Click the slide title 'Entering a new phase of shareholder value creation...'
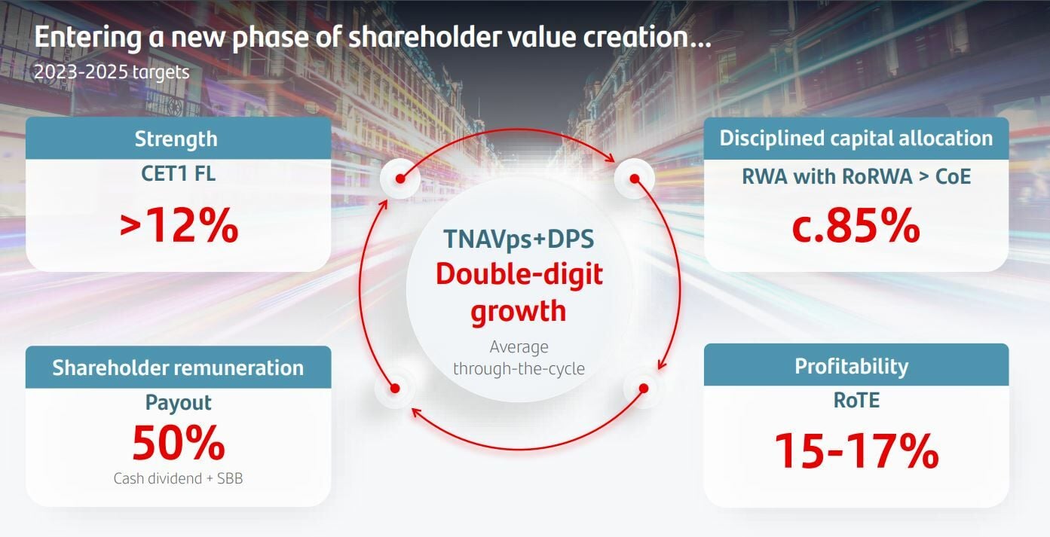372,38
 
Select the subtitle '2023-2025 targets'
112,72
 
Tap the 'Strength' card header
176,139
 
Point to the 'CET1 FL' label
178,174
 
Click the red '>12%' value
179,226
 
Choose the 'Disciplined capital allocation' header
856,138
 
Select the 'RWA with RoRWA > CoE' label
856,176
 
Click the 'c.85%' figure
856,226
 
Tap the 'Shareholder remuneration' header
178,368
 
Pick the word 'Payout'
178,403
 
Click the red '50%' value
179,443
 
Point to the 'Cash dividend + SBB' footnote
178,478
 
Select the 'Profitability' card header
851,366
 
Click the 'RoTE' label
856,400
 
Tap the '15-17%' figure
856,451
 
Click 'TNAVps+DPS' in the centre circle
519,239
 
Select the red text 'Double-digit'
519,275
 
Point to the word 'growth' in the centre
519,311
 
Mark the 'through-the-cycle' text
519,368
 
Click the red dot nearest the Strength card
399,178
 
